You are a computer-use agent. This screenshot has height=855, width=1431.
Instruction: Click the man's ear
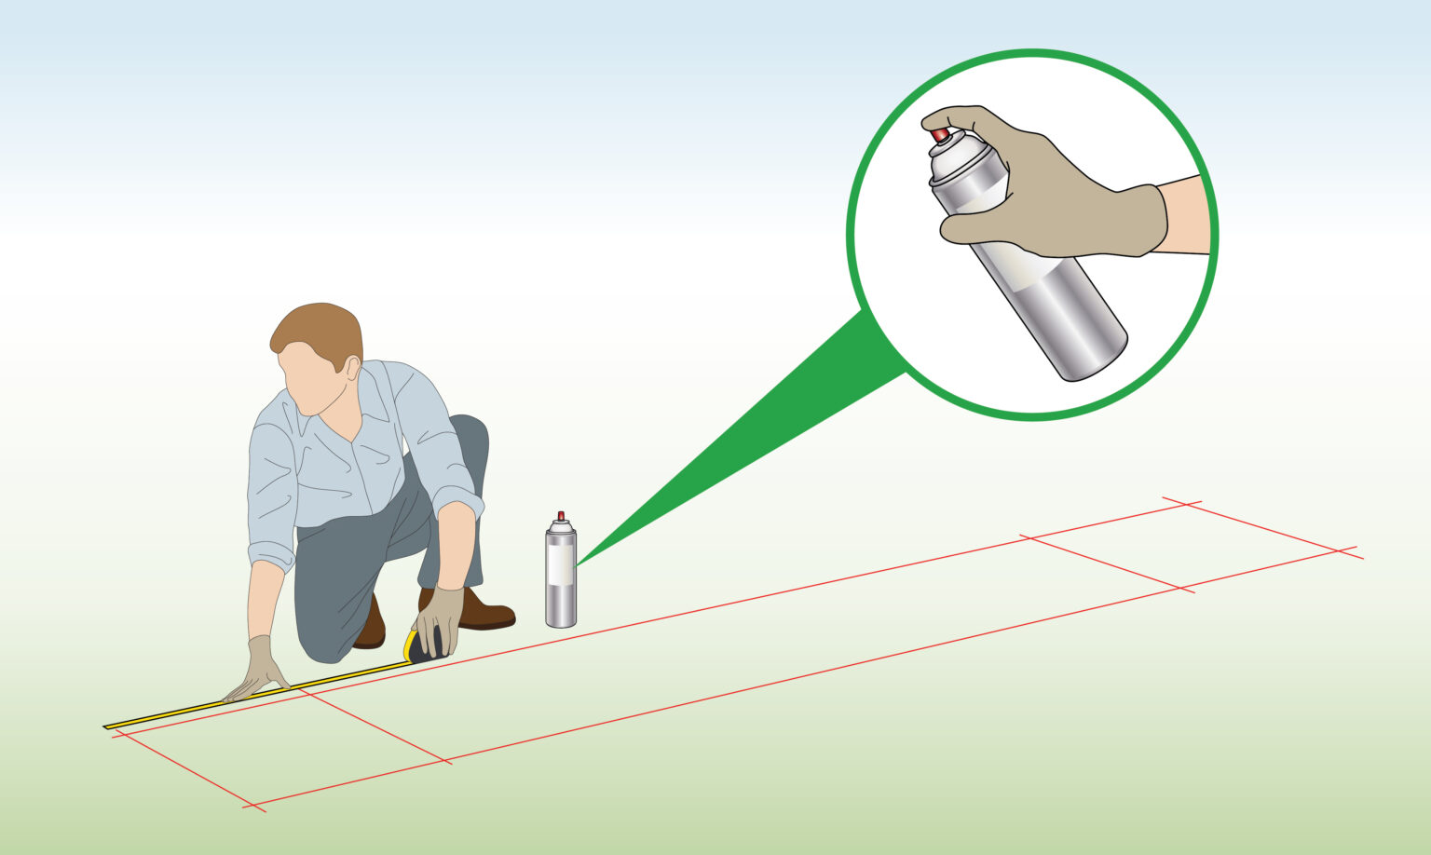click(353, 367)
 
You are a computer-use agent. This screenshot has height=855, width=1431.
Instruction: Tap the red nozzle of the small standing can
click(561, 516)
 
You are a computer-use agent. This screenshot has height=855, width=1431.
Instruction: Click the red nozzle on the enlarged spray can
click(940, 136)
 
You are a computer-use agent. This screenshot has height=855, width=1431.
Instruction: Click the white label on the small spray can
click(561, 563)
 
